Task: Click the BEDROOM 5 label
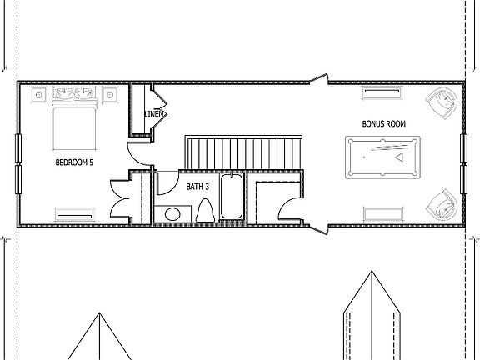73,162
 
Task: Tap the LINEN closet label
153,113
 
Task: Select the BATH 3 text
197,187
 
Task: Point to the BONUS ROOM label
383,124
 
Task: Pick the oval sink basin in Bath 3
172,215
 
